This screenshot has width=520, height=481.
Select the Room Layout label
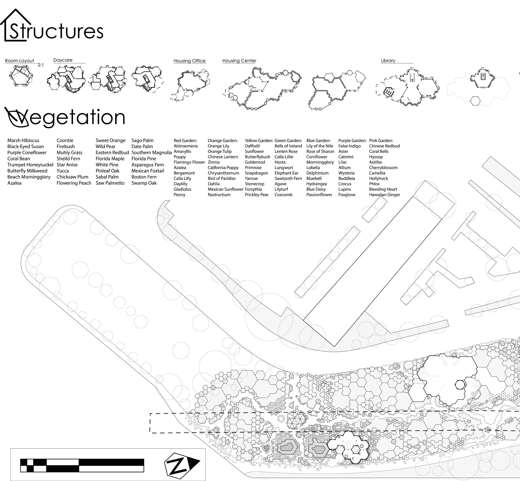click(x=20, y=61)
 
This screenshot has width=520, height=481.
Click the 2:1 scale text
click(x=41, y=65)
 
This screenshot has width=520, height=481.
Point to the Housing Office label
click(x=189, y=61)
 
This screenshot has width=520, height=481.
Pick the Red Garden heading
click(x=185, y=141)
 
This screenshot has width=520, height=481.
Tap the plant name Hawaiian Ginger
click(x=385, y=195)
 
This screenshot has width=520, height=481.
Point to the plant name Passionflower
click(x=319, y=195)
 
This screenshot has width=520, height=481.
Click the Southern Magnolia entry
click(x=152, y=153)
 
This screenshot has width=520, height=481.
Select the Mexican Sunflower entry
click(x=226, y=189)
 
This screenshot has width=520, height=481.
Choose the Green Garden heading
click(x=288, y=141)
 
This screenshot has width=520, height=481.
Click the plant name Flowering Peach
click(x=74, y=183)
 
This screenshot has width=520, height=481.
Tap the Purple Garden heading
click(x=352, y=141)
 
